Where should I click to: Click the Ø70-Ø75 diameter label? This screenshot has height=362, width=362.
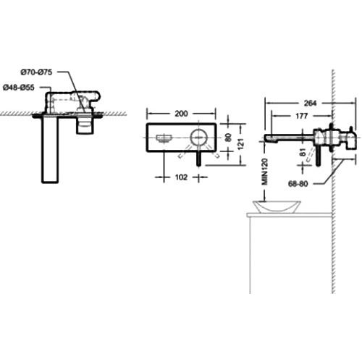coord(36,72)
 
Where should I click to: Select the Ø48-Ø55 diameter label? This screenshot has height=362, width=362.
coord(19,88)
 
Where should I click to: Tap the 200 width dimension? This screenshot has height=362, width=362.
coord(181,114)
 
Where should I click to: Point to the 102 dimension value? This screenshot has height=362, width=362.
coord(181,177)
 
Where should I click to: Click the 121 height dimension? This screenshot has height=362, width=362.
coord(241,144)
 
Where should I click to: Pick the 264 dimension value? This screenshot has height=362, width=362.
coord(310,103)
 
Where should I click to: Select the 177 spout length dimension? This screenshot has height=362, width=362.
coord(302,116)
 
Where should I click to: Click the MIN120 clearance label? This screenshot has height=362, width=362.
coord(265,172)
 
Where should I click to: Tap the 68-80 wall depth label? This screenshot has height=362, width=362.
coord(298,184)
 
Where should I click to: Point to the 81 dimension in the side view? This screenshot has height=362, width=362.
coord(303,152)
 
